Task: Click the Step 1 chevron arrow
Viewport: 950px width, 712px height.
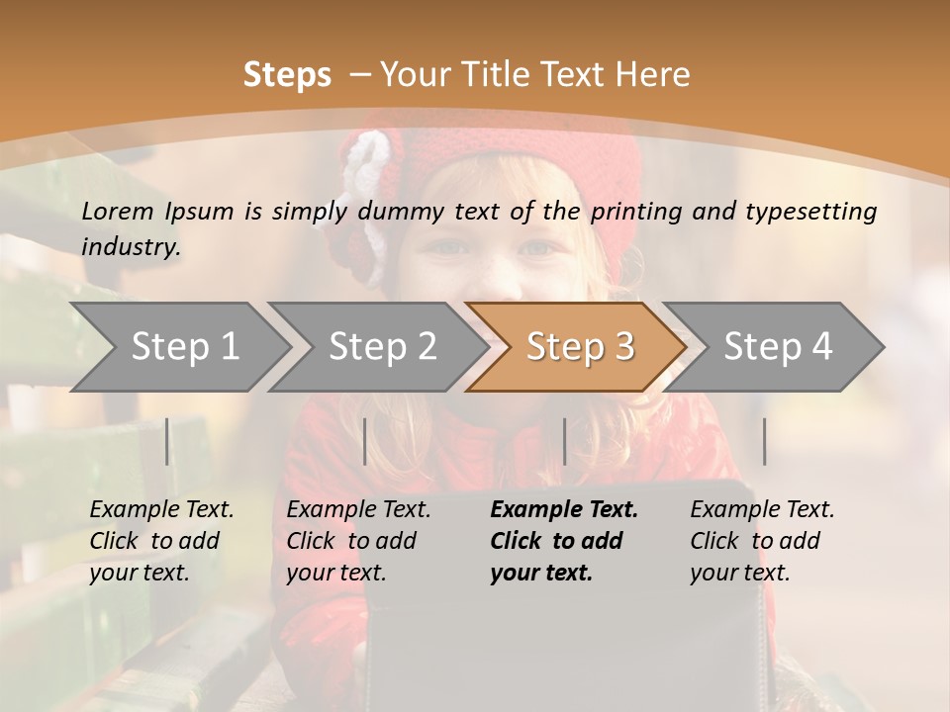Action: pos(183,347)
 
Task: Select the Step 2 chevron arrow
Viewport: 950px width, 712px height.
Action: pos(381,347)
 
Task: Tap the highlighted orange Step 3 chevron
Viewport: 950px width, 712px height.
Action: pos(579,347)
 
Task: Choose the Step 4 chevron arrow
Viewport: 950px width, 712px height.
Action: pos(777,347)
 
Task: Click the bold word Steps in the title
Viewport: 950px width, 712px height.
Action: pos(287,75)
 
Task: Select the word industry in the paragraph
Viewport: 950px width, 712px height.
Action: pos(130,246)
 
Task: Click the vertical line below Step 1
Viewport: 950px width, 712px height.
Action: pos(167,441)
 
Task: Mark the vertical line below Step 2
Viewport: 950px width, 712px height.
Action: pos(365,441)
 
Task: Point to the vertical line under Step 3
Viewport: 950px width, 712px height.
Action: pos(565,441)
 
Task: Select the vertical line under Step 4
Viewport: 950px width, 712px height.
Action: pos(765,441)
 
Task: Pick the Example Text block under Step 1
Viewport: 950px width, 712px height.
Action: pos(160,541)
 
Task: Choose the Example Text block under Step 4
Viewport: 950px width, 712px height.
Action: pos(761,541)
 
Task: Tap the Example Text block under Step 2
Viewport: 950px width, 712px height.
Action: pos(357,541)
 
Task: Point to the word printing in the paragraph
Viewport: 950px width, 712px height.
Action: pos(638,211)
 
